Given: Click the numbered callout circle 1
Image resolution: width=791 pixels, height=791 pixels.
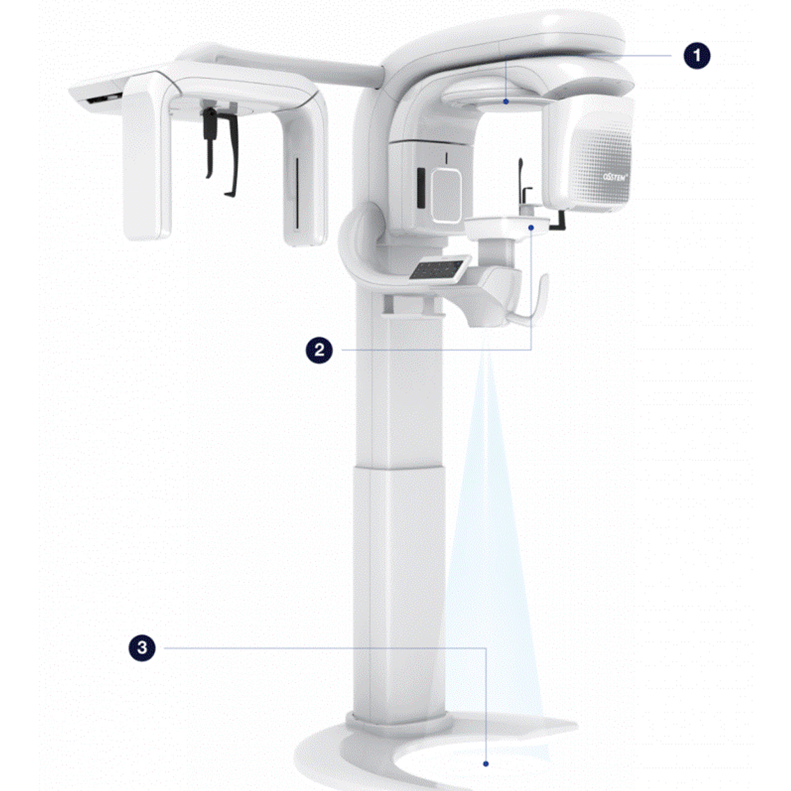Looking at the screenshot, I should [x=697, y=55].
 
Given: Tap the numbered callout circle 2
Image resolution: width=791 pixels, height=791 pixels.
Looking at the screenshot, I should [x=318, y=349].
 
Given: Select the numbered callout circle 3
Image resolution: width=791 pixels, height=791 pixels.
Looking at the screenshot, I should [x=142, y=648].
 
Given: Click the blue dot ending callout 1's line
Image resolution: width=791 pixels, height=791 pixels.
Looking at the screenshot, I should [x=507, y=101].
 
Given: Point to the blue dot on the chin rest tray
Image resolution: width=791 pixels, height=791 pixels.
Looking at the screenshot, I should [x=531, y=227].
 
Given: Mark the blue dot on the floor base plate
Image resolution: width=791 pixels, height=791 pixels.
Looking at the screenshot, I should [x=486, y=763].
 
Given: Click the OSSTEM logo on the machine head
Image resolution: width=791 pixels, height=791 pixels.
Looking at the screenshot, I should [x=614, y=178].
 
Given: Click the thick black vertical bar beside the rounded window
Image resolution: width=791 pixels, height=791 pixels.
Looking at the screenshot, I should [x=420, y=187].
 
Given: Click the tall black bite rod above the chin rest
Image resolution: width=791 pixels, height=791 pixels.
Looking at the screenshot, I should [x=520, y=178].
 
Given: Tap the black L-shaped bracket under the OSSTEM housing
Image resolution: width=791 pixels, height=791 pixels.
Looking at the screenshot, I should [x=559, y=221].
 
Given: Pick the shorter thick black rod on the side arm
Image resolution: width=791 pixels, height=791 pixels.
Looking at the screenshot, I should [x=208, y=142].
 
